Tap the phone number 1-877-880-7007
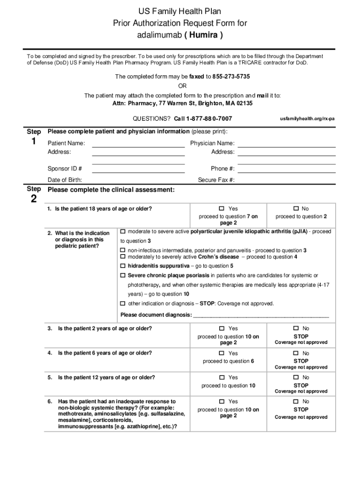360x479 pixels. click(209, 119)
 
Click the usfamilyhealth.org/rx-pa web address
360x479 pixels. click(307, 119)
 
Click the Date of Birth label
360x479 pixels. click(65, 180)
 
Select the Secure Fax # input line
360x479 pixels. click(287, 181)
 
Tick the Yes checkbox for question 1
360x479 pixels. click(222, 209)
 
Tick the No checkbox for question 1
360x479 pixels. click(295, 209)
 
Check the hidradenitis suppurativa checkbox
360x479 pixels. click(123, 266)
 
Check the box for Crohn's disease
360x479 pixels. click(123, 257)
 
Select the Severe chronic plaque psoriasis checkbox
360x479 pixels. click(123, 276)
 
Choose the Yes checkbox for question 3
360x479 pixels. click(222, 329)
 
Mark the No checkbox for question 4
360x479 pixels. click(295, 353)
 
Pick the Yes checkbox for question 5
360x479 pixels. click(222, 377)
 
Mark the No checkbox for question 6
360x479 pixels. click(295, 402)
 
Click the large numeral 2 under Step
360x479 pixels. click(33, 199)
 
